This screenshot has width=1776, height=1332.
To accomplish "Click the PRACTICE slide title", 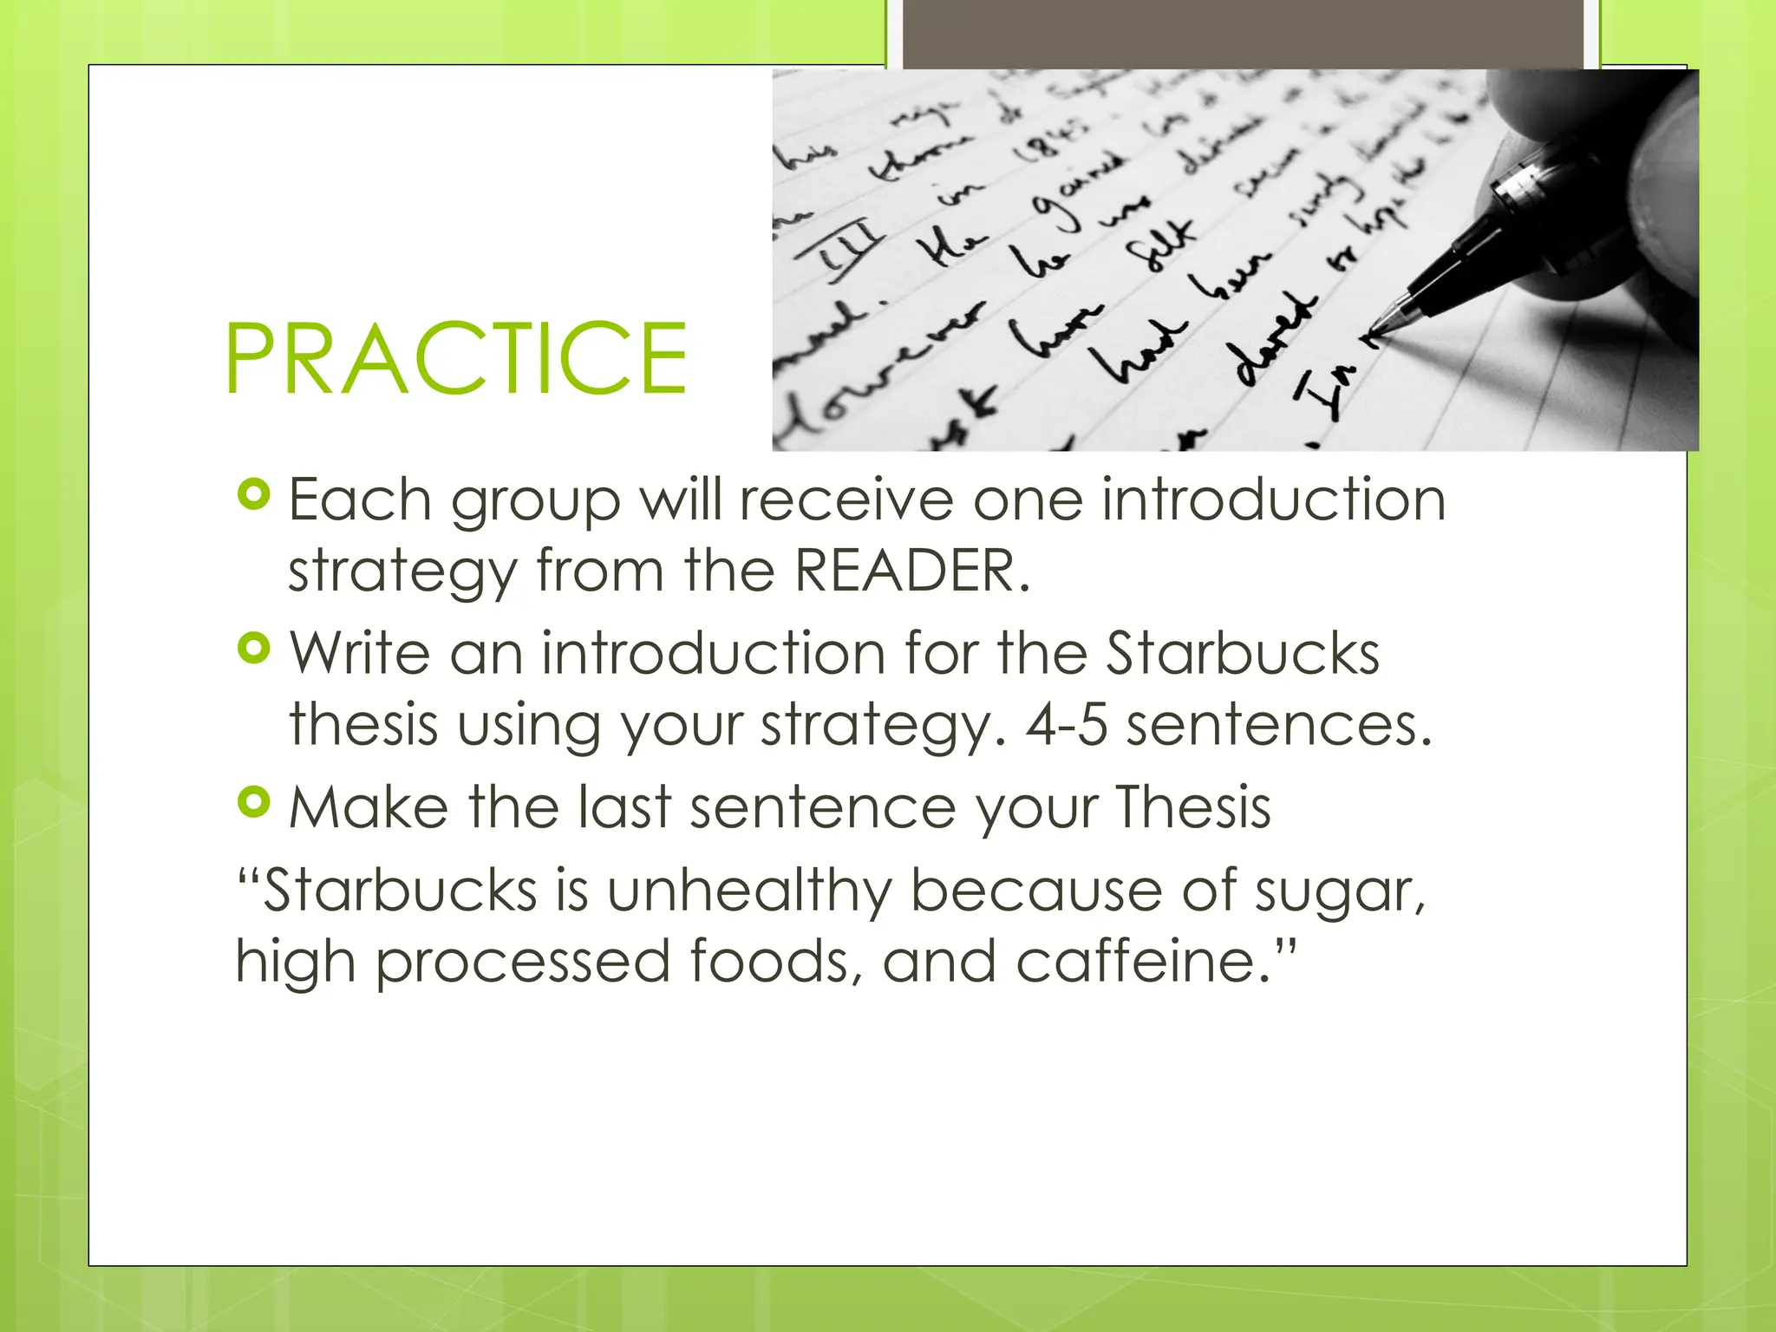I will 456,358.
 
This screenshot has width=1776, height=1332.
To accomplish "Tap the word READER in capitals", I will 911,571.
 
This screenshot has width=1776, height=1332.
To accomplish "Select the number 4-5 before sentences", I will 1067,724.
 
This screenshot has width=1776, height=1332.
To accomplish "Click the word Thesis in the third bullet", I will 1193,807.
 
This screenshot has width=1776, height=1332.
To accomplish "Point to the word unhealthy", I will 748,891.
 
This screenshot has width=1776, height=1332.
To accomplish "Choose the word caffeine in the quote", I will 1137,962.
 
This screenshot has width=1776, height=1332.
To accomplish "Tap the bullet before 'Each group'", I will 253,495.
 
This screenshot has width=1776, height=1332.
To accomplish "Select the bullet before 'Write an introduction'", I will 253,648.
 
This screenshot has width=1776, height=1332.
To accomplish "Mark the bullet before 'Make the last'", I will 253,802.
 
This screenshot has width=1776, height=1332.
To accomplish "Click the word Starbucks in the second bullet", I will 1242,653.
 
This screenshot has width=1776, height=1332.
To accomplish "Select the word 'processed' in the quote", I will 523,963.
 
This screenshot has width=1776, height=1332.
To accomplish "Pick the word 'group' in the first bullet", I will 535,501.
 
